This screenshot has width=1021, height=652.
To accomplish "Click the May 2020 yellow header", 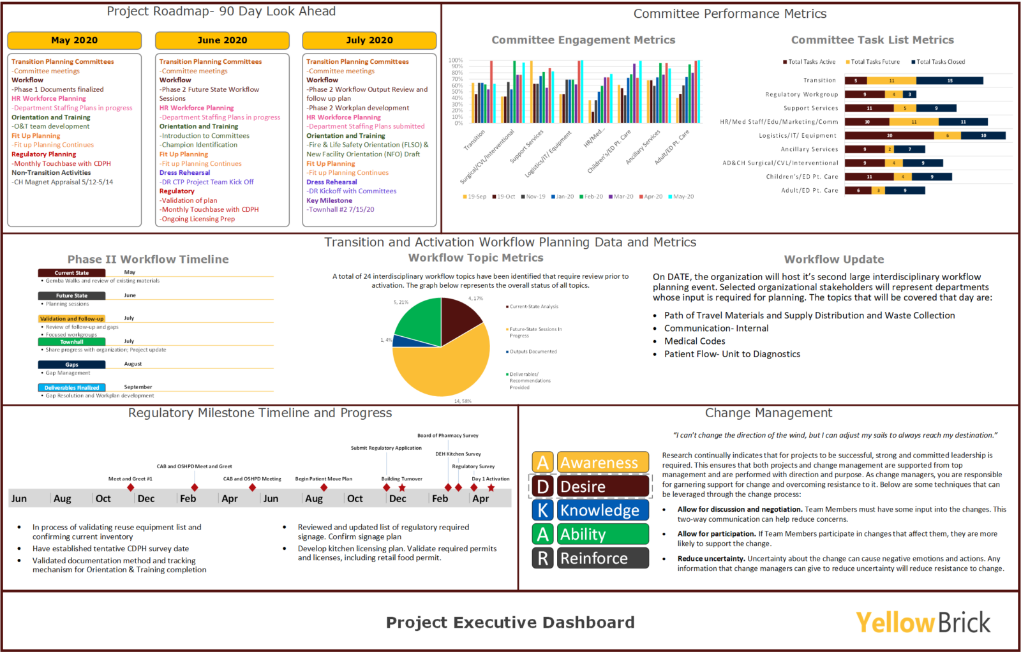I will [x=74, y=40].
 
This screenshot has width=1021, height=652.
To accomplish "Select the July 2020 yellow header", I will [x=369, y=40].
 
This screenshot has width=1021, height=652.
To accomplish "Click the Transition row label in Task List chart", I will [x=819, y=80].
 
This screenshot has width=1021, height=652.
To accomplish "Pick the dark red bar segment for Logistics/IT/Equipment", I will [x=889, y=135].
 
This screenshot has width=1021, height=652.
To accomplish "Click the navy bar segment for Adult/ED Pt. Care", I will [x=905, y=190].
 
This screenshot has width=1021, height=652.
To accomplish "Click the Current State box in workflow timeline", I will [x=71, y=273].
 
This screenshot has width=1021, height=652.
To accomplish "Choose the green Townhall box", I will [x=71, y=342].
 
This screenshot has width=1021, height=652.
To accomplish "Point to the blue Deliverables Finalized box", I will [x=71, y=388].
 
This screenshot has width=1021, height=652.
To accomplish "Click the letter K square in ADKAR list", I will [x=542, y=510].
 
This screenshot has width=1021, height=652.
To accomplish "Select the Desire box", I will [x=603, y=487].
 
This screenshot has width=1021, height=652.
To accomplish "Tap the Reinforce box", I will [x=603, y=558].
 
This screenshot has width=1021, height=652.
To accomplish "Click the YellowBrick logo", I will [x=923, y=623].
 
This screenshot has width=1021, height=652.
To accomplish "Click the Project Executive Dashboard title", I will [x=510, y=623].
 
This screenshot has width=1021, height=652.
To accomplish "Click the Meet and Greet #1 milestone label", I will [x=130, y=478].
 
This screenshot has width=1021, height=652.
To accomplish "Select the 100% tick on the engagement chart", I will [x=456, y=61].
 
